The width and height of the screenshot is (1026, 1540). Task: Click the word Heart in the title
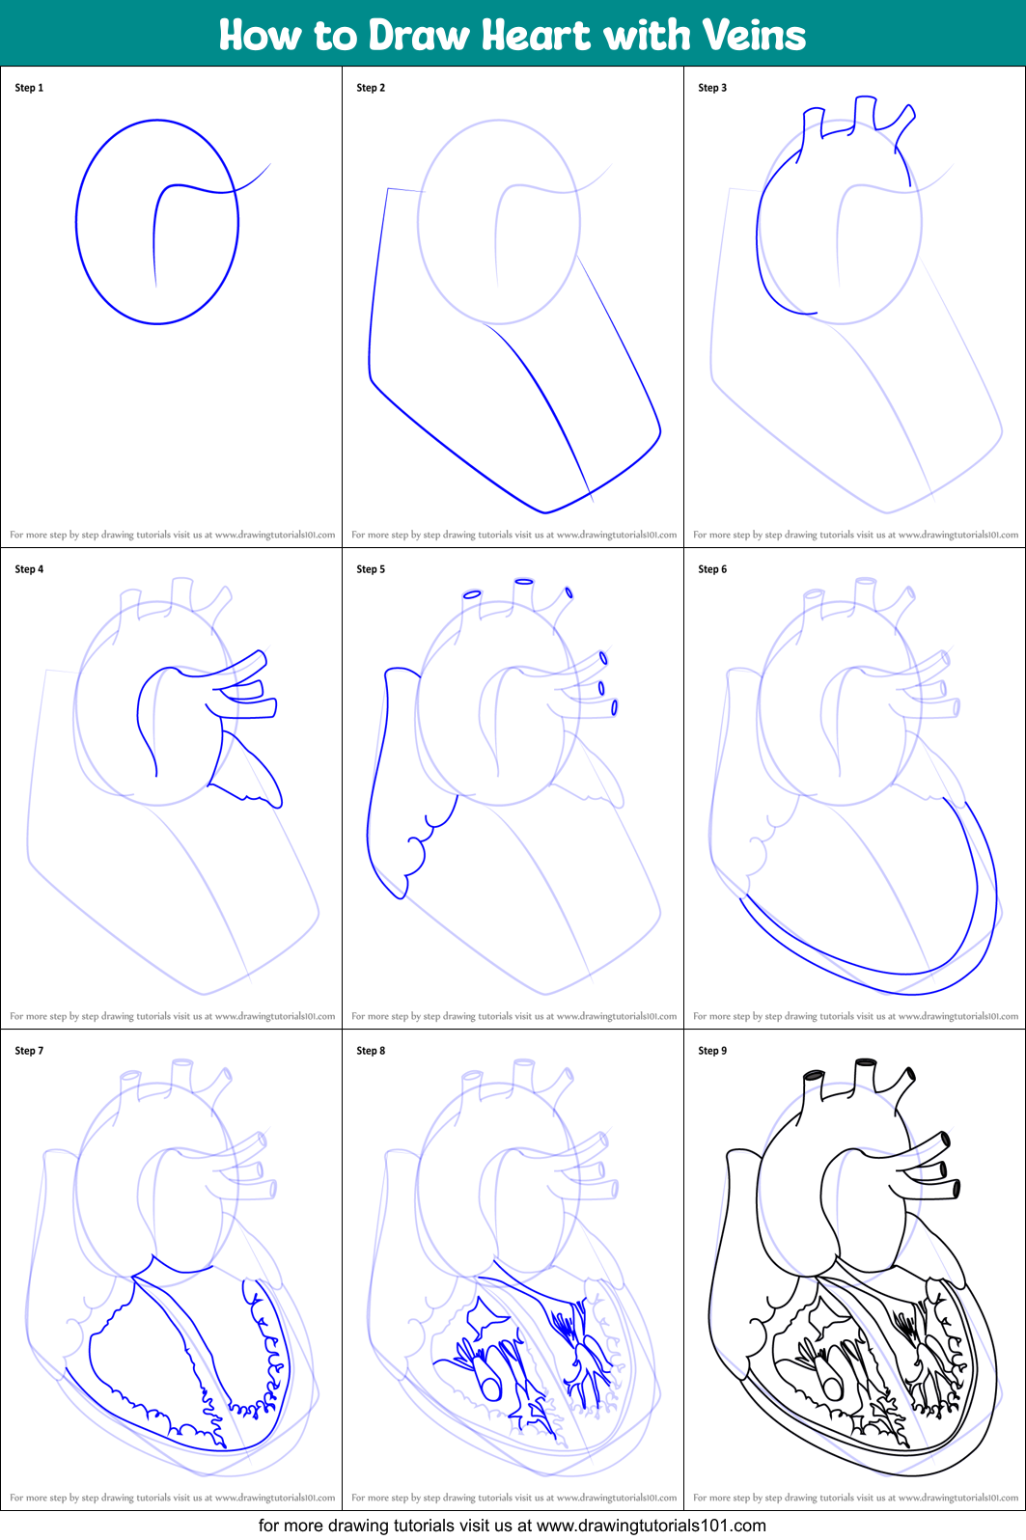pyautogui.click(x=536, y=35)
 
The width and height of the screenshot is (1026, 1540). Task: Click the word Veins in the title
pyautogui.click(x=754, y=35)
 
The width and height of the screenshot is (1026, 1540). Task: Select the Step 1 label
pyautogui.click(x=29, y=88)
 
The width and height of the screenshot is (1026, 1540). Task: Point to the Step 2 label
pyautogui.click(x=371, y=88)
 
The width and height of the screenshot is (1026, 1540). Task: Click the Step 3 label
pyautogui.click(x=712, y=88)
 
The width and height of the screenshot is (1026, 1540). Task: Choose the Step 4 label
pyautogui.click(x=29, y=569)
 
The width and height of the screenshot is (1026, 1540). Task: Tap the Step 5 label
pyautogui.click(x=371, y=569)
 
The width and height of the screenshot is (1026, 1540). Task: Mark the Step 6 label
pyautogui.click(x=712, y=569)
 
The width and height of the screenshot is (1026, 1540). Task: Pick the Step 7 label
pyautogui.click(x=29, y=1051)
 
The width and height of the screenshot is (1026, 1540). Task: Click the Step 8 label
pyautogui.click(x=371, y=1051)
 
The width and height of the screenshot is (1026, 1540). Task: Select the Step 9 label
pyautogui.click(x=712, y=1051)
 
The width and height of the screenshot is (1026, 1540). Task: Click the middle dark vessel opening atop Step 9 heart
pyautogui.click(x=866, y=1062)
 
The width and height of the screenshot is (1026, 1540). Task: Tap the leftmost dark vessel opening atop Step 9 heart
pyautogui.click(x=814, y=1075)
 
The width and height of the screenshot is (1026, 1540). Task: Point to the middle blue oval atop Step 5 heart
pyautogui.click(x=524, y=581)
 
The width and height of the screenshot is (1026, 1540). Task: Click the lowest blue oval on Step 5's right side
pyautogui.click(x=614, y=707)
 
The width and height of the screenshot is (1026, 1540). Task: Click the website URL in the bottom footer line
pyautogui.click(x=652, y=1526)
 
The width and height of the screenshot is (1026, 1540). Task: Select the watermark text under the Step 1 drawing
pyautogui.click(x=173, y=534)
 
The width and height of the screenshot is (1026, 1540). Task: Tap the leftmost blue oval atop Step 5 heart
pyautogui.click(x=472, y=594)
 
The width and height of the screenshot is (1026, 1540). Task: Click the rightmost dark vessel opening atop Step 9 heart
pyautogui.click(x=909, y=1074)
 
